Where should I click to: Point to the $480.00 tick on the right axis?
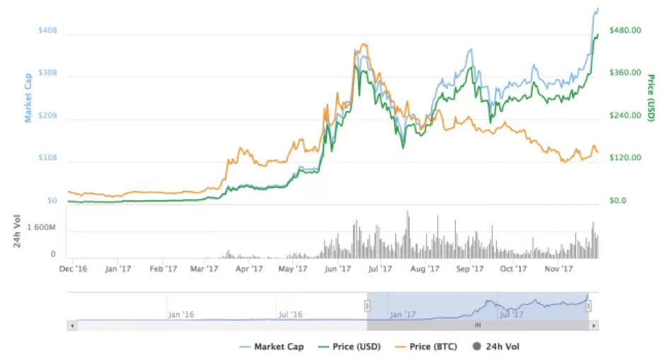pyautogui.click(x=626, y=30)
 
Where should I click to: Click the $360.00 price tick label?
pyautogui.click(x=626, y=73)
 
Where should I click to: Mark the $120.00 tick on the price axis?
pyautogui.click(x=626, y=158)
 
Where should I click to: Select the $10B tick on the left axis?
pyautogui.click(x=47, y=160)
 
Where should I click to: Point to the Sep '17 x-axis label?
pyautogui.click(x=469, y=269)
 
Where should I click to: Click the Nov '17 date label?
pyautogui.click(x=558, y=269)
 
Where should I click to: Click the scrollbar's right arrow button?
pyautogui.click(x=595, y=325)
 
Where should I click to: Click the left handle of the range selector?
pyautogui.click(x=367, y=306)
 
